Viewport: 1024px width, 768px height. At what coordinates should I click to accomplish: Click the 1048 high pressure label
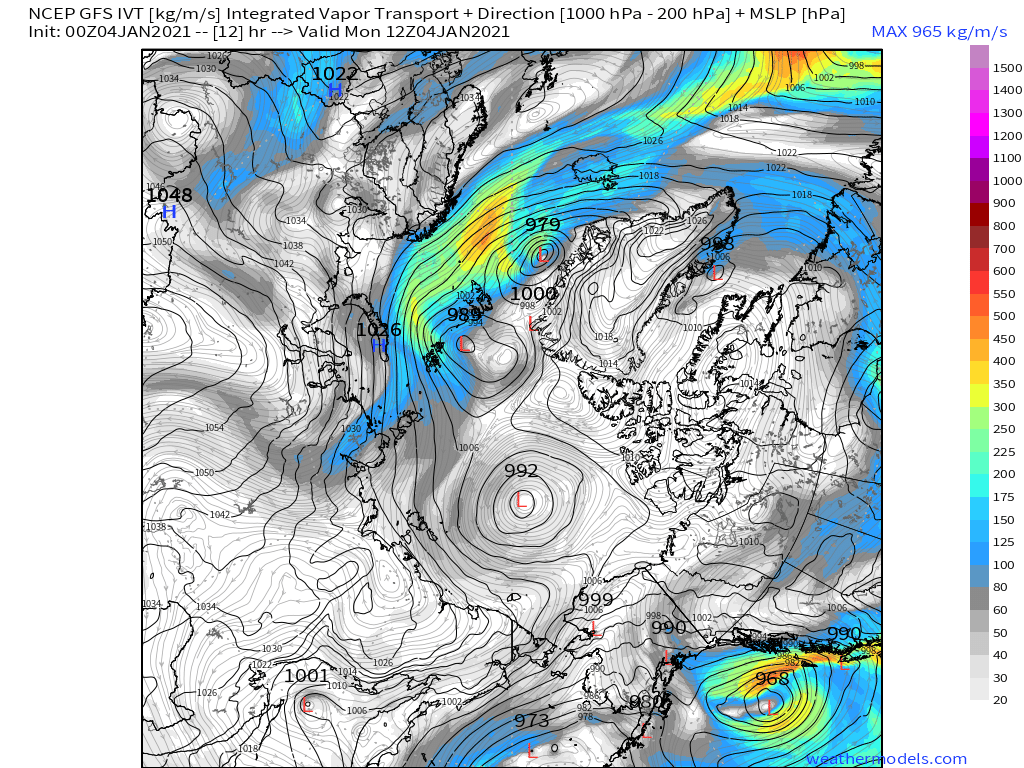coord(169,195)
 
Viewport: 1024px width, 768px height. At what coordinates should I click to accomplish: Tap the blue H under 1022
coord(335,90)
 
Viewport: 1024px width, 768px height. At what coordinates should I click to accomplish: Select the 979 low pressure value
coord(543,225)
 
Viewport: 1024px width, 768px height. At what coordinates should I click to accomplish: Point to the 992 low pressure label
coord(521,471)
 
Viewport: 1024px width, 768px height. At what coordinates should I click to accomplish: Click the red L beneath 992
coord(521,500)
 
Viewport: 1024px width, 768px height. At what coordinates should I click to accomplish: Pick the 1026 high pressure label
coord(379,329)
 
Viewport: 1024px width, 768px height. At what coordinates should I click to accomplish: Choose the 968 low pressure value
coord(772,678)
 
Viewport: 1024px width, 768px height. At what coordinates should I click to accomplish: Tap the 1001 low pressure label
coord(306,676)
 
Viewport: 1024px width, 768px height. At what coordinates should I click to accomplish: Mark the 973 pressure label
coord(532,721)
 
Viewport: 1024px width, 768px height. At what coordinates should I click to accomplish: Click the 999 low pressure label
coord(595,599)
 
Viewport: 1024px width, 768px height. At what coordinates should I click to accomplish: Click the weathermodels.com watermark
coord(886,759)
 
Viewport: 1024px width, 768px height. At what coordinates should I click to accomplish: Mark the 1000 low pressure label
coord(533,294)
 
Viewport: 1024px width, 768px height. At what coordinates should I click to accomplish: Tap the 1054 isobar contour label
coord(214,427)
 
